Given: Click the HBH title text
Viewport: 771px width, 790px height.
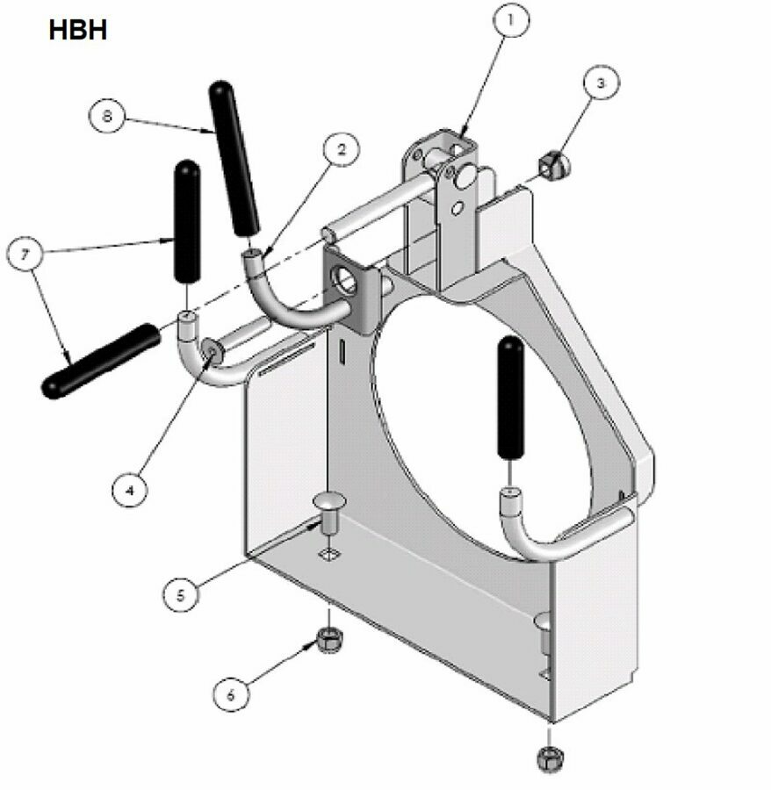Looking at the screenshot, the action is point(78,30).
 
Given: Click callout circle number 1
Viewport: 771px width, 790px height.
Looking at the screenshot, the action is point(511,20).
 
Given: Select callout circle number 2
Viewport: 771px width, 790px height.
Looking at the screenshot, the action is point(342,149).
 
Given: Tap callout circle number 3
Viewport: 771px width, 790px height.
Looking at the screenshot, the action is point(602,83).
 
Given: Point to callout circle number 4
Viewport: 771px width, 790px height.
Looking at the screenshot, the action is point(130,489).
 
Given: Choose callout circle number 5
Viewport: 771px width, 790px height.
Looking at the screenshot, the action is point(181,595).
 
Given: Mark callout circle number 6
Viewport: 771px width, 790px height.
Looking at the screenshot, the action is point(231,695).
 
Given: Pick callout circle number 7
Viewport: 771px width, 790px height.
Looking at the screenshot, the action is point(25,254).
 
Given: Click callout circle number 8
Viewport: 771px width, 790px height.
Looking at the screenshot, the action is point(107,116).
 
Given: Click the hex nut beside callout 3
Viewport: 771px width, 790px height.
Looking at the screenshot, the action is point(554,164).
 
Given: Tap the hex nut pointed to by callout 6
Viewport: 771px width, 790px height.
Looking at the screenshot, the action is point(330,640).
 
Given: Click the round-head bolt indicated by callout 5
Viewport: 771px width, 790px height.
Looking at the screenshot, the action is point(330,513).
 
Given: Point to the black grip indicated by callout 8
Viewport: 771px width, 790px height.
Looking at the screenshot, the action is point(234,158).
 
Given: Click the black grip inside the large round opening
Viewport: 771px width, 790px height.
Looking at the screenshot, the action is point(510,398).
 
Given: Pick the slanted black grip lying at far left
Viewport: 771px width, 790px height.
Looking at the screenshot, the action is point(101,361).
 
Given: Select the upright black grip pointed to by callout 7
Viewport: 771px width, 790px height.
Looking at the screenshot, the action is point(187,221).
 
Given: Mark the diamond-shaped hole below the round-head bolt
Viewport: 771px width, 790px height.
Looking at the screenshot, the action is point(329,555).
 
